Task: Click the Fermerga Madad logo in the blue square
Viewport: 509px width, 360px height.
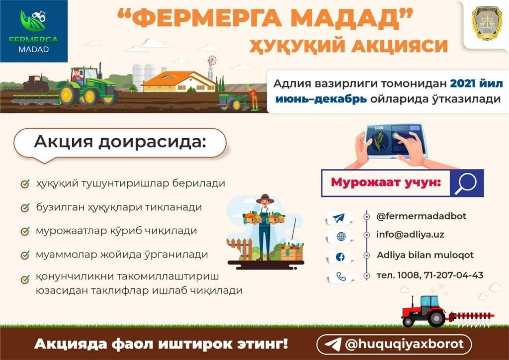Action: [x=33, y=31]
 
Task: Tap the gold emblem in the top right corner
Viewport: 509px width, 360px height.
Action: [x=487, y=24]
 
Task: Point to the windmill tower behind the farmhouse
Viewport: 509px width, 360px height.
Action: [x=212, y=68]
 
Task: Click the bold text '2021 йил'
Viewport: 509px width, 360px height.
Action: [x=476, y=84]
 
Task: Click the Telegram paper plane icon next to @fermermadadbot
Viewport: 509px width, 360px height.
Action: [x=339, y=217]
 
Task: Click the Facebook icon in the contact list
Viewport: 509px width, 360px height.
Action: [x=340, y=257]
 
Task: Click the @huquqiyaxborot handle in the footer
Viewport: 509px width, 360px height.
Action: [x=405, y=344]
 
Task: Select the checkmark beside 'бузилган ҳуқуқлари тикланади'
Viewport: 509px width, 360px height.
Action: [x=25, y=207]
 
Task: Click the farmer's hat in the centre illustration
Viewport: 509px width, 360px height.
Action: [x=265, y=199]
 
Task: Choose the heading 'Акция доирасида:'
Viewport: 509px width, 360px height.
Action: [x=120, y=142]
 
